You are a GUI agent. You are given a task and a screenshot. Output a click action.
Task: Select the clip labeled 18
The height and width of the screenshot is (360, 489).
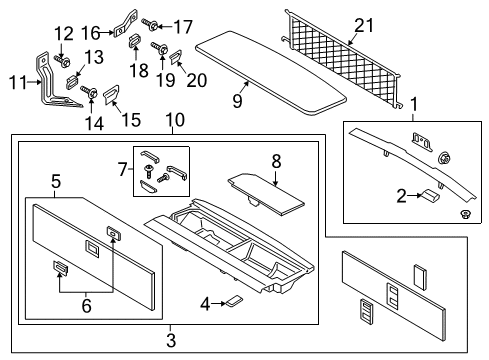click(134, 42)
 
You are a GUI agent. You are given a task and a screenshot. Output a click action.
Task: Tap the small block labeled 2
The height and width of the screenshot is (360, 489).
click(429, 196)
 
